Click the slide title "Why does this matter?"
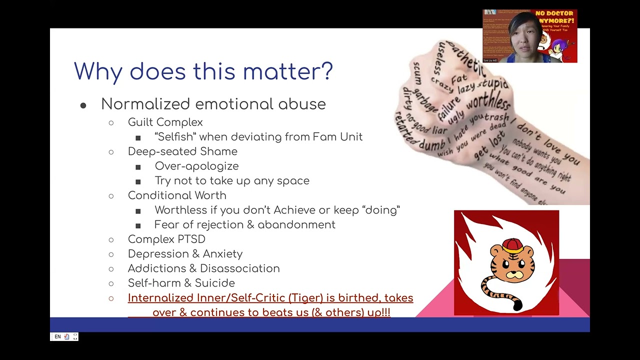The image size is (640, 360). click(203, 71)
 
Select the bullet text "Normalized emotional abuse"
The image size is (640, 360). click(213, 104)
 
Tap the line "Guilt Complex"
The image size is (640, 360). click(165, 122)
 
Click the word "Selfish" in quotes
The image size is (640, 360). click(175, 137)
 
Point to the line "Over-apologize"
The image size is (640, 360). click(196, 166)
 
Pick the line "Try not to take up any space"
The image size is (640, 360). click(231, 181)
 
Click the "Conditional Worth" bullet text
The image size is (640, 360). click(177, 195)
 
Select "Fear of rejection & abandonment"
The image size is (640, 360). click(244, 225)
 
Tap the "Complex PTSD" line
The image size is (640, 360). click(166, 239)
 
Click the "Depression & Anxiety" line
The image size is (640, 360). click(185, 254)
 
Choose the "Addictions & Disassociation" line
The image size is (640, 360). click(203, 268)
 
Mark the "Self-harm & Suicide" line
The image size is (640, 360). click(181, 283)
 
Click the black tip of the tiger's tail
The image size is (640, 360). click(517, 304)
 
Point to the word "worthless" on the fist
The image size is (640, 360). click(488, 103)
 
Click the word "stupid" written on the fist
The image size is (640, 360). click(492, 84)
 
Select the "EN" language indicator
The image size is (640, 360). click(57, 337)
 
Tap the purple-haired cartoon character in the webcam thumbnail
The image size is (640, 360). click(557, 48)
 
